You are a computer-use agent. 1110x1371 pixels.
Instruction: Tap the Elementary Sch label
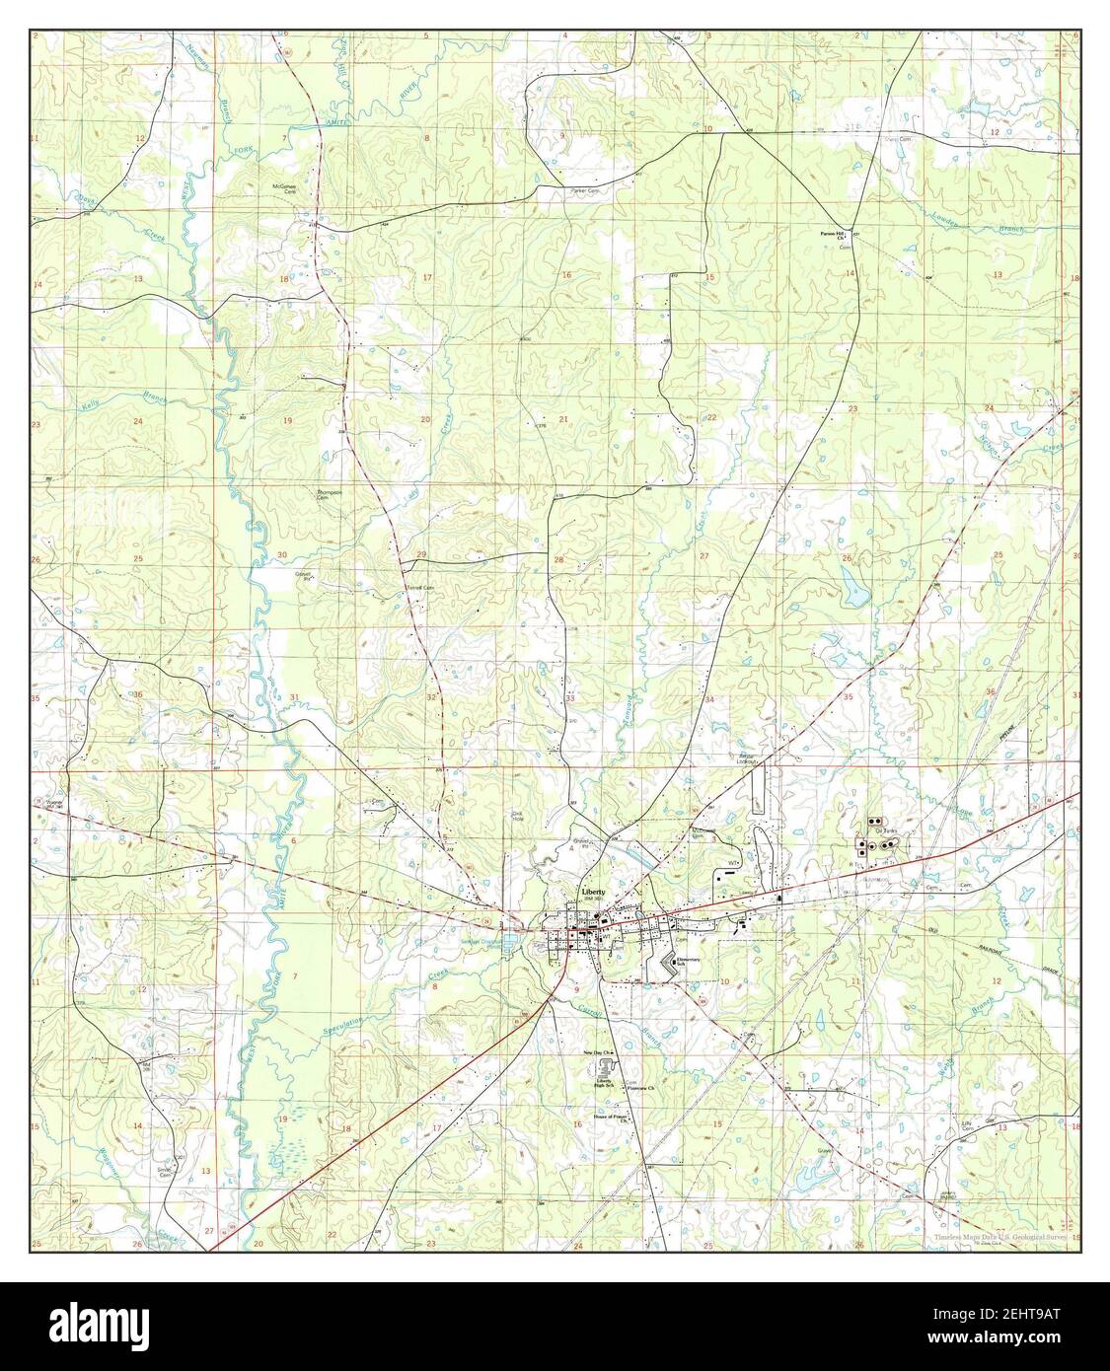(687, 962)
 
